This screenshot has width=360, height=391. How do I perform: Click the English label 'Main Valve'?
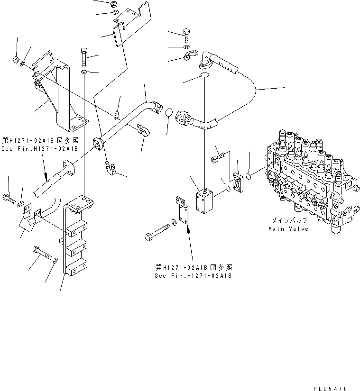(288, 229)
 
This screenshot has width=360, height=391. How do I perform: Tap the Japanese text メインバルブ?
(289, 220)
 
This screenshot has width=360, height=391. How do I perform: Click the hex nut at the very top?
(115, 4)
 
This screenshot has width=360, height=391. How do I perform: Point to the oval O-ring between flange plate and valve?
(251, 176)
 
